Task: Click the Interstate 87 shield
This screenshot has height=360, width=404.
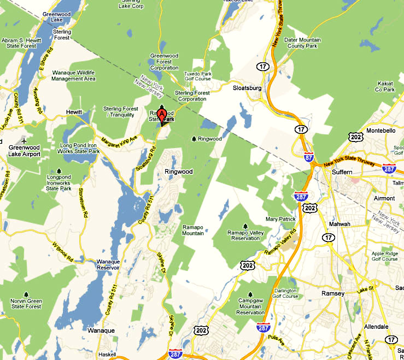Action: point(309,157)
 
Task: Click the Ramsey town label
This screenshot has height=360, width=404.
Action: point(332,293)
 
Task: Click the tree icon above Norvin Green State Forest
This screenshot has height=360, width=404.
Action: point(26,294)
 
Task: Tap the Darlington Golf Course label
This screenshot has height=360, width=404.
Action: point(285,293)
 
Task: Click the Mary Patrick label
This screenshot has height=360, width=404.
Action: point(280,219)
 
